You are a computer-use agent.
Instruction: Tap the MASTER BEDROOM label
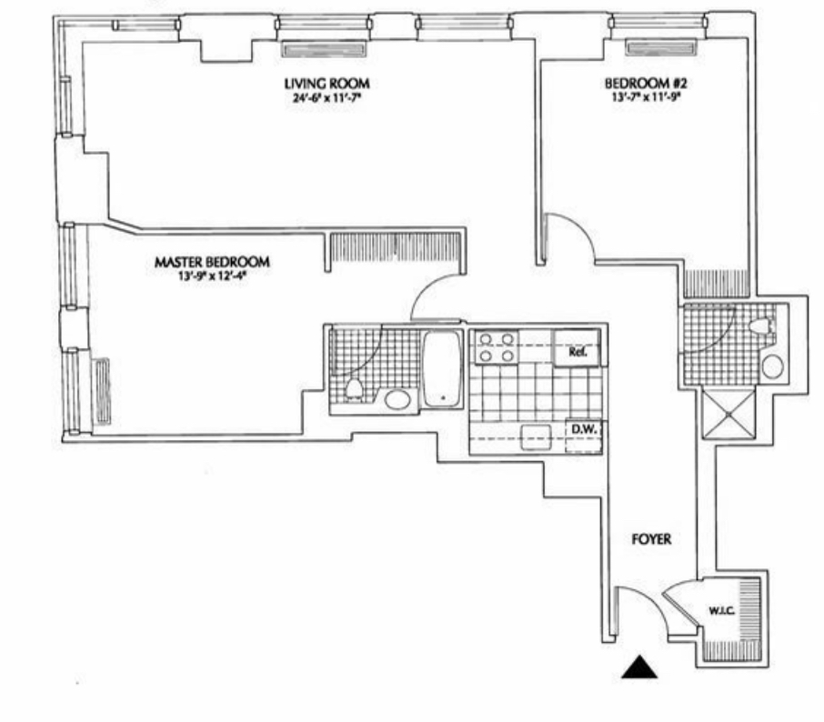click(212, 262)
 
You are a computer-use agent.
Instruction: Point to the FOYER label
click(651, 539)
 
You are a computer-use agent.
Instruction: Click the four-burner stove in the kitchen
click(497, 348)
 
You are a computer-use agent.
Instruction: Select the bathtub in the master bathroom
click(443, 369)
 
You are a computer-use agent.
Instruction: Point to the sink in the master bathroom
click(397, 398)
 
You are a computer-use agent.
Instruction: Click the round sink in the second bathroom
click(772, 367)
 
